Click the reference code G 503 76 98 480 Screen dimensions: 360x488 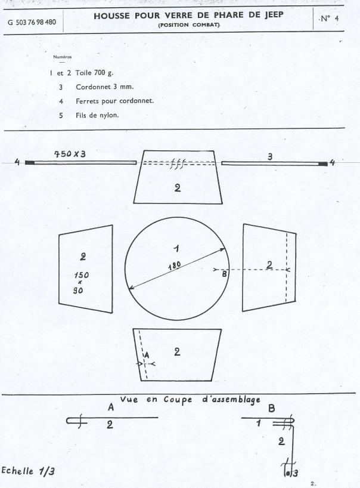[32, 23]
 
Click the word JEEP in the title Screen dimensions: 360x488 [274, 15]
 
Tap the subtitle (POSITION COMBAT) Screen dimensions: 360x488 [189, 25]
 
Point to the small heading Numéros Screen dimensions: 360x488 [62, 57]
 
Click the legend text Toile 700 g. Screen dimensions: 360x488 [95, 73]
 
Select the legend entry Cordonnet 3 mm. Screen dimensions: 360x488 [105, 87]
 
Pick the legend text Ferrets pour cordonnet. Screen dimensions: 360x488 [114, 101]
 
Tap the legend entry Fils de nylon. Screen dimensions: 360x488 [97, 115]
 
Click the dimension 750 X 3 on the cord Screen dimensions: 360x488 [70, 154]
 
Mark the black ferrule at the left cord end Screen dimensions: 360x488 [30, 162]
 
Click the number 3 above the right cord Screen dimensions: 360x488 [270, 157]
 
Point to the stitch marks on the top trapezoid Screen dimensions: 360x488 [178, 163]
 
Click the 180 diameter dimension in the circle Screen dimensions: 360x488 [175, 266]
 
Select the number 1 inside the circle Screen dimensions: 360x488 [176, 248]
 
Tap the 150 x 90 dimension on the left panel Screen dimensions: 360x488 [81, 283]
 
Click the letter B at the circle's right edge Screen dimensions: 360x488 [225, 274]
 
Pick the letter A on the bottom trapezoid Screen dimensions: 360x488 [147, 355]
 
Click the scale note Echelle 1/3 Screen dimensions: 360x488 [28, 471]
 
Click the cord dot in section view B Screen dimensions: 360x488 [288, 473]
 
